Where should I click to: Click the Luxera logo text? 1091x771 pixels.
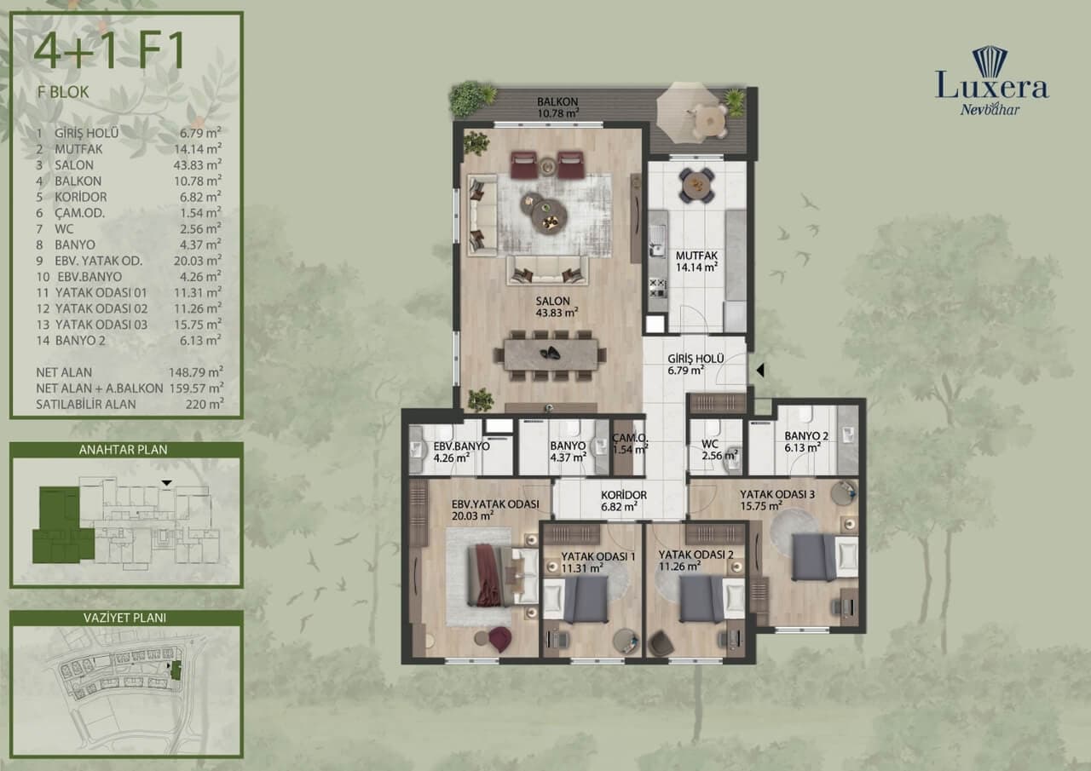coord(991,85)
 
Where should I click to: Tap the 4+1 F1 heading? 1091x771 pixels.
coord(110,50)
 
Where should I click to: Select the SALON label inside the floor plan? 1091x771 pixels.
coord(553,302)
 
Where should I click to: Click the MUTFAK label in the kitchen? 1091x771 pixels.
coord(696,256)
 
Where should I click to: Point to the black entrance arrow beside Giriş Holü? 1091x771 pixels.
coord(759,371)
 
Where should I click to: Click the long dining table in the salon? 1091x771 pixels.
coord(551,354)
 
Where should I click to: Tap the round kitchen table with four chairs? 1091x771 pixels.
coord(697,185)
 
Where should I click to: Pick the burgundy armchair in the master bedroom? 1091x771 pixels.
coord(499,639)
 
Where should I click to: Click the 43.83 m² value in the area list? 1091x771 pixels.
coord(197,164)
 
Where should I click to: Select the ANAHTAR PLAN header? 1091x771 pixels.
coord(124,450)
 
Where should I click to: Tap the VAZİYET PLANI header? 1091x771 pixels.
coord(124,619)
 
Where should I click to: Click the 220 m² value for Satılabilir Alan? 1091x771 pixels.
coord(205,404)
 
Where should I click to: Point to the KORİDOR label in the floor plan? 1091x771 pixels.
coord(623,495)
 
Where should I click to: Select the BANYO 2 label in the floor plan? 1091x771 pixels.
coord(806,436)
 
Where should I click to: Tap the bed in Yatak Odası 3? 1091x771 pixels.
coord(825,557)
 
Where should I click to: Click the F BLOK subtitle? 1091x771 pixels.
coord(63,92)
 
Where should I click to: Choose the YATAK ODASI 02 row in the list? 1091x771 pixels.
coord(129,308)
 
